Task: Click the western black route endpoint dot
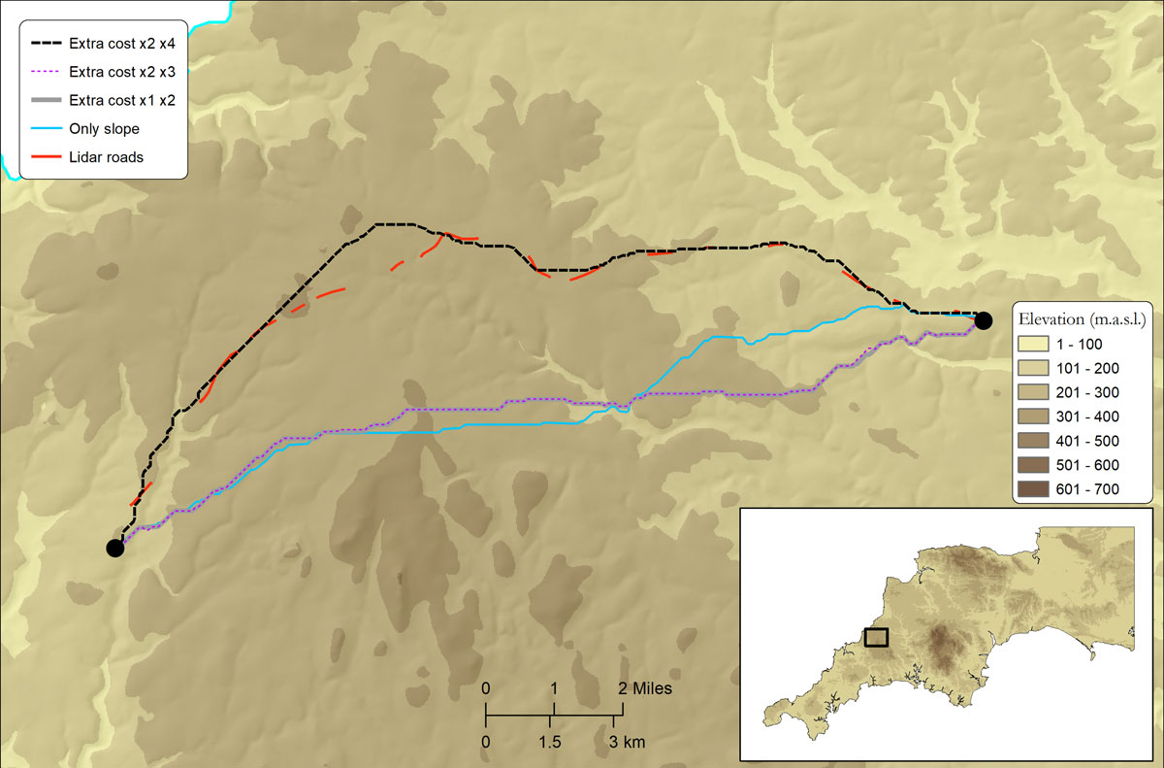point(115,548)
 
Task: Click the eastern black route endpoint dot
point(984,320)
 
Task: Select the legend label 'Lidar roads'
point(106,157)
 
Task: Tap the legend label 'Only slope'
point(104,129)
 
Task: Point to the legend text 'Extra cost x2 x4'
point(121,44)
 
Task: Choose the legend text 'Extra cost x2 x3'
point(121,72)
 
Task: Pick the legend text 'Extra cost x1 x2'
point(121,100)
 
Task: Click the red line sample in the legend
point(45,157)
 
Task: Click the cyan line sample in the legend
point(45,129)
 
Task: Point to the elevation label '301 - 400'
point(1091,417)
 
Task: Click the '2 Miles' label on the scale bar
point(645,688)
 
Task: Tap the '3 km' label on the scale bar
point(627,743)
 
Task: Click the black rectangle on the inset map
point(876,637)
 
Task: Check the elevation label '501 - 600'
point(1091,465)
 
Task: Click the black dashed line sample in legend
point(45,44)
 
